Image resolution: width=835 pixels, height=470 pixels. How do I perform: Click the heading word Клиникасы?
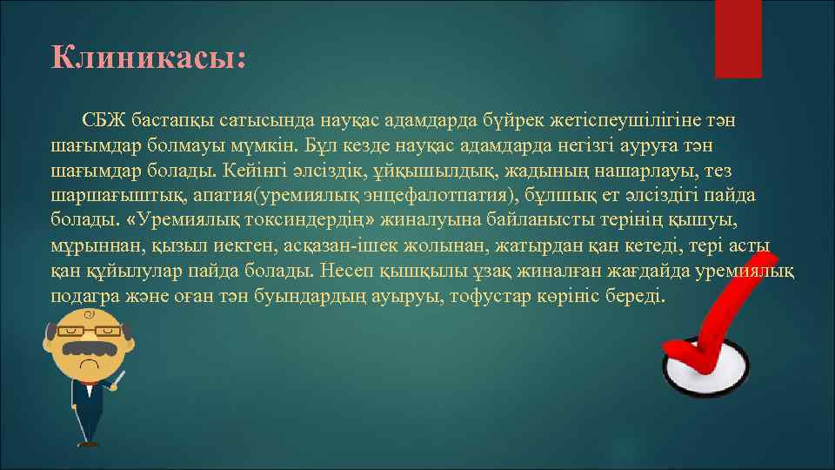click(148, 58)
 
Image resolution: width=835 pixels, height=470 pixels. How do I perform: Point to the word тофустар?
click(512, 296)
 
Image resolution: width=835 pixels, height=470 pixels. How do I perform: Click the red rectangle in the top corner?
click(738, 38)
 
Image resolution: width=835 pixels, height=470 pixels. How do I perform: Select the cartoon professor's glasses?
click(86, 331)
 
